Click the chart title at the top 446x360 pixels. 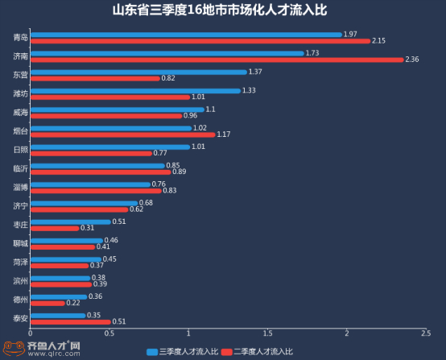pos(223,11)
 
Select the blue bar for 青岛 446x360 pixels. pos(185,35)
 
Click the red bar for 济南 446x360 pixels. pos(217,59)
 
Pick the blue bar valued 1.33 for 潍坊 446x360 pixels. pos(134,90)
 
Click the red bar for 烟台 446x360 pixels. pos(122,134)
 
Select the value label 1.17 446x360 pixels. pos(224,134)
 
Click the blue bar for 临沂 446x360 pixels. pos(97,166)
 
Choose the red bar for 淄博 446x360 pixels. pos(95,190)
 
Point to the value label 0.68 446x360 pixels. pos(147,203)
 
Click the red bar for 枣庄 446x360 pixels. pos(54,228)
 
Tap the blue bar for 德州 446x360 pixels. pos(58,296)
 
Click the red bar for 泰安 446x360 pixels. pos(70,321)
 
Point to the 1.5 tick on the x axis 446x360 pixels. pos(267,333)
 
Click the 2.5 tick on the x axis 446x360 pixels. pos(425,333)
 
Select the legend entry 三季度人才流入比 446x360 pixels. pos(184,352)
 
